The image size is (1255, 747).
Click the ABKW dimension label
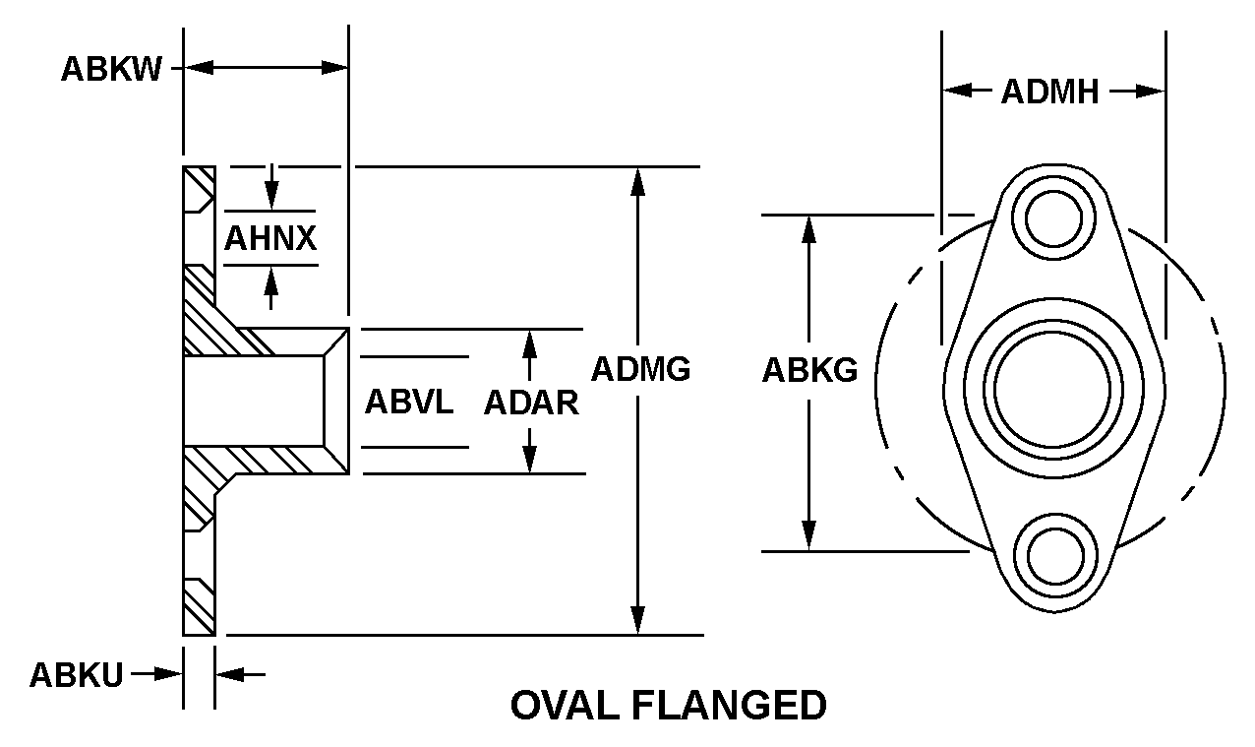point(111,70)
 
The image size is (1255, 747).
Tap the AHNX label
point(270,239)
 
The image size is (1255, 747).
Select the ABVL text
point(409,402)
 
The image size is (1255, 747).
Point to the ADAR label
point(531,403)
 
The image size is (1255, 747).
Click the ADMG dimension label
point(640,369)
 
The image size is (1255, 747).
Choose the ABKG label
point(809,371)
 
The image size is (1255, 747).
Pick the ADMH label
point(1049,93)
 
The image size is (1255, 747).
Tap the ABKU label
point(76,675)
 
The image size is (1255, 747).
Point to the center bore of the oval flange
point(1054,386)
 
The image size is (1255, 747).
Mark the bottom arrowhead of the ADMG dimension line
point(639,622)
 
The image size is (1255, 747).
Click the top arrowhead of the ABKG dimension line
point(809,226)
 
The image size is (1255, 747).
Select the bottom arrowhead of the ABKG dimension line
point(809,538)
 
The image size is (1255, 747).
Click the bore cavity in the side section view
point(254,400)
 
